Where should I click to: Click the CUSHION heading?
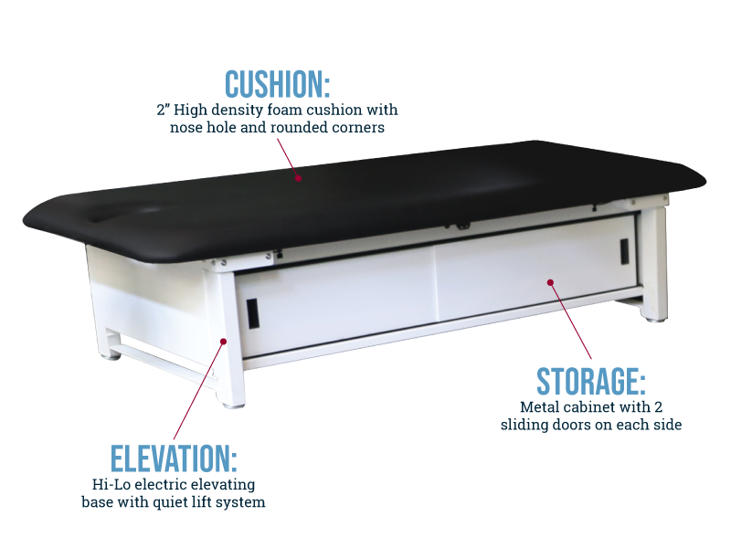(x=278, y=84)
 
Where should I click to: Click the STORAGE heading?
(x=591, y=382)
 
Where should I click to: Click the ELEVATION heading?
(x=174, y=459)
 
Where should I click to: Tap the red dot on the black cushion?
(x=299, y=178)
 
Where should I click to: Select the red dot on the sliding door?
(x=550, y=282)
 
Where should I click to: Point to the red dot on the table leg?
(x=223, y=342)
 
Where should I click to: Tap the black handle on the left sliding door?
(x=252, y=313)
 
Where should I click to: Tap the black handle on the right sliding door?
(x=624, y=251)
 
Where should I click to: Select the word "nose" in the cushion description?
(x=186, y=128)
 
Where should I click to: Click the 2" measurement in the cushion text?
(x=164, y=110)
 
